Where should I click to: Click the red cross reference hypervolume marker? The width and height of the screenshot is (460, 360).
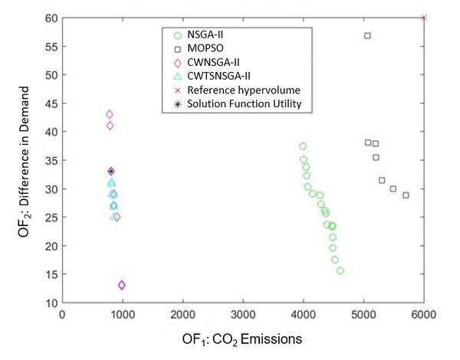[x=424, y=18]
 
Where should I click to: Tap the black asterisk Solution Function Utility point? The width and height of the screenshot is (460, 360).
[x=110, y=171]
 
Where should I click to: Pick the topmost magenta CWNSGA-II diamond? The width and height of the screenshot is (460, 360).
[x=110, y=114]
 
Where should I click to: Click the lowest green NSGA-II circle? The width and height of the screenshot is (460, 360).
[x=340, y=270]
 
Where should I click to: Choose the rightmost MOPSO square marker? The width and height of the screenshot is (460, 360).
[x=406, y=195]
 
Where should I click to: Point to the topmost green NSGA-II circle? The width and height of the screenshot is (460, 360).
[x=303, y=146]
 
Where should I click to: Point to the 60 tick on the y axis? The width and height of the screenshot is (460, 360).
[x=51, y=18]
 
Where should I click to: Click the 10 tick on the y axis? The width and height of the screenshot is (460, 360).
[x=51, y=303]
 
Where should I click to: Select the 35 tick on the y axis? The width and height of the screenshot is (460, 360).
[x=51, y=160]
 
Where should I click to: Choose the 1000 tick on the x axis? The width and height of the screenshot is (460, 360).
[x=122, y=314]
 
